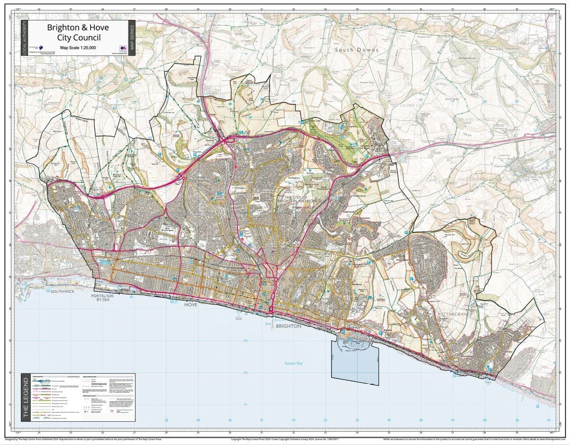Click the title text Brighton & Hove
point(78,28)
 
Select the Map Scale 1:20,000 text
point(78,47)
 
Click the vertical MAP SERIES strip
point(132,38)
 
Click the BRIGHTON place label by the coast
point(288,326)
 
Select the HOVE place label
point(190,305)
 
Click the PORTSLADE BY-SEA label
point(103,297)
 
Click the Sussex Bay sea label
point(294,363)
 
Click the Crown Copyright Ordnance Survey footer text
point(285,439)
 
